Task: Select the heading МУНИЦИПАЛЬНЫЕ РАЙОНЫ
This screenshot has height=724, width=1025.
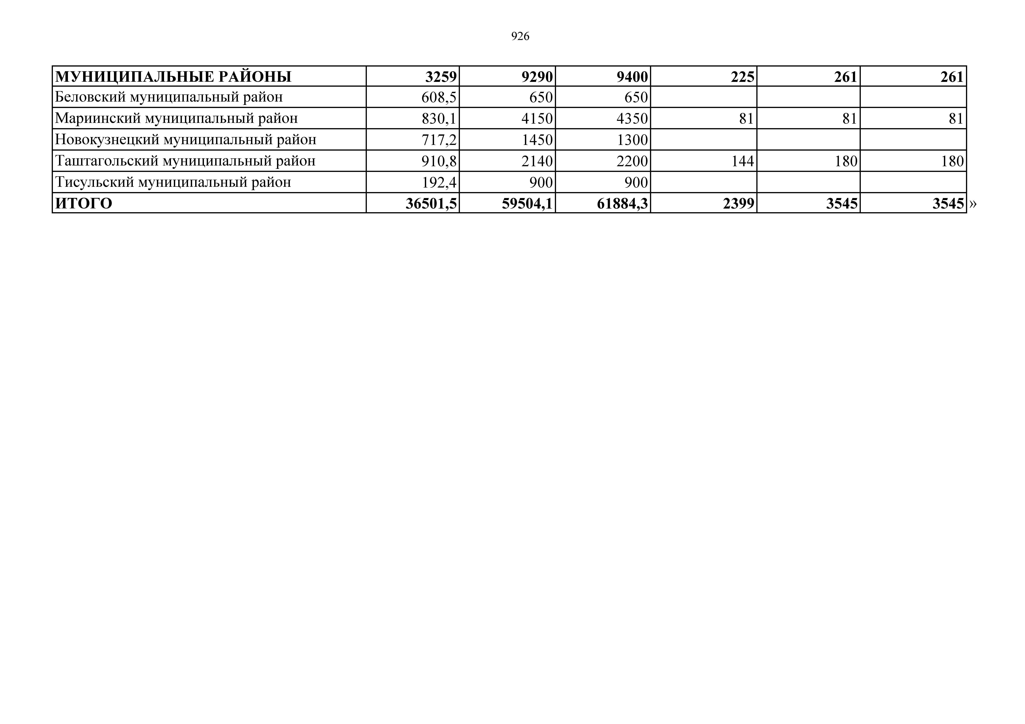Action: click(x=173, y=77)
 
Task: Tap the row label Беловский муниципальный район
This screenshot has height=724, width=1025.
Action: click(x=169, y=97)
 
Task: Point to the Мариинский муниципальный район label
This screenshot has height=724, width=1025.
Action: click(x=176, y=118)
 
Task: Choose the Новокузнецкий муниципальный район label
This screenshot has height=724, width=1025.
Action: click(x=186, y=140)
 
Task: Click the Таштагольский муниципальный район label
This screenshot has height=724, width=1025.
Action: click(x=185, y=161)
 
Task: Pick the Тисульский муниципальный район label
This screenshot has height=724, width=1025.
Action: click(x=173, y=182)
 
